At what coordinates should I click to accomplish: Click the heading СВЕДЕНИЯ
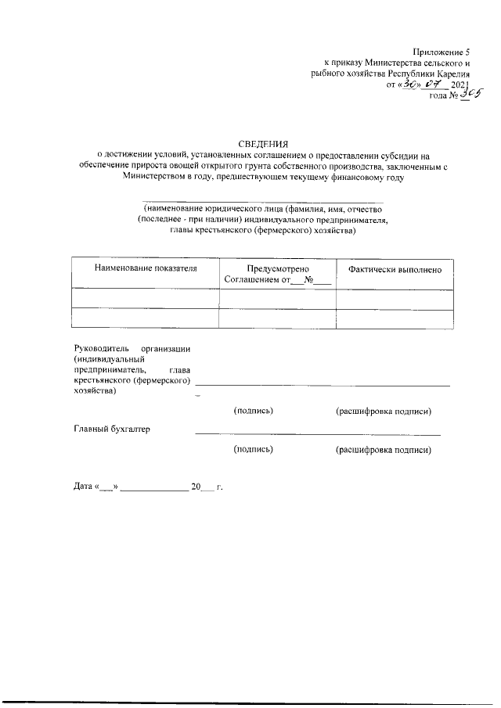pos(262,143)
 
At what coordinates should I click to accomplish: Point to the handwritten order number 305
pos(470,94)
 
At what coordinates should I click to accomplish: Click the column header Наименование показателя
pos(145,269)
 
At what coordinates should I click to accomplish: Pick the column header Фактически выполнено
pos(395,269)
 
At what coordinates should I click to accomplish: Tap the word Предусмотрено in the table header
pos(277,269)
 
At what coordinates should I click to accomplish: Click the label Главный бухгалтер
pos(111,429)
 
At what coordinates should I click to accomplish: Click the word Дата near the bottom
pos(82,487)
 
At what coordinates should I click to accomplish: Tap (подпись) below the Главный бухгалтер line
pos(253,450)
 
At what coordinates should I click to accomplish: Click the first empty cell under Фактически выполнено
pos(395,299)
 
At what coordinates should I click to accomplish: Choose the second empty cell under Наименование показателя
pos(145,318)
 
